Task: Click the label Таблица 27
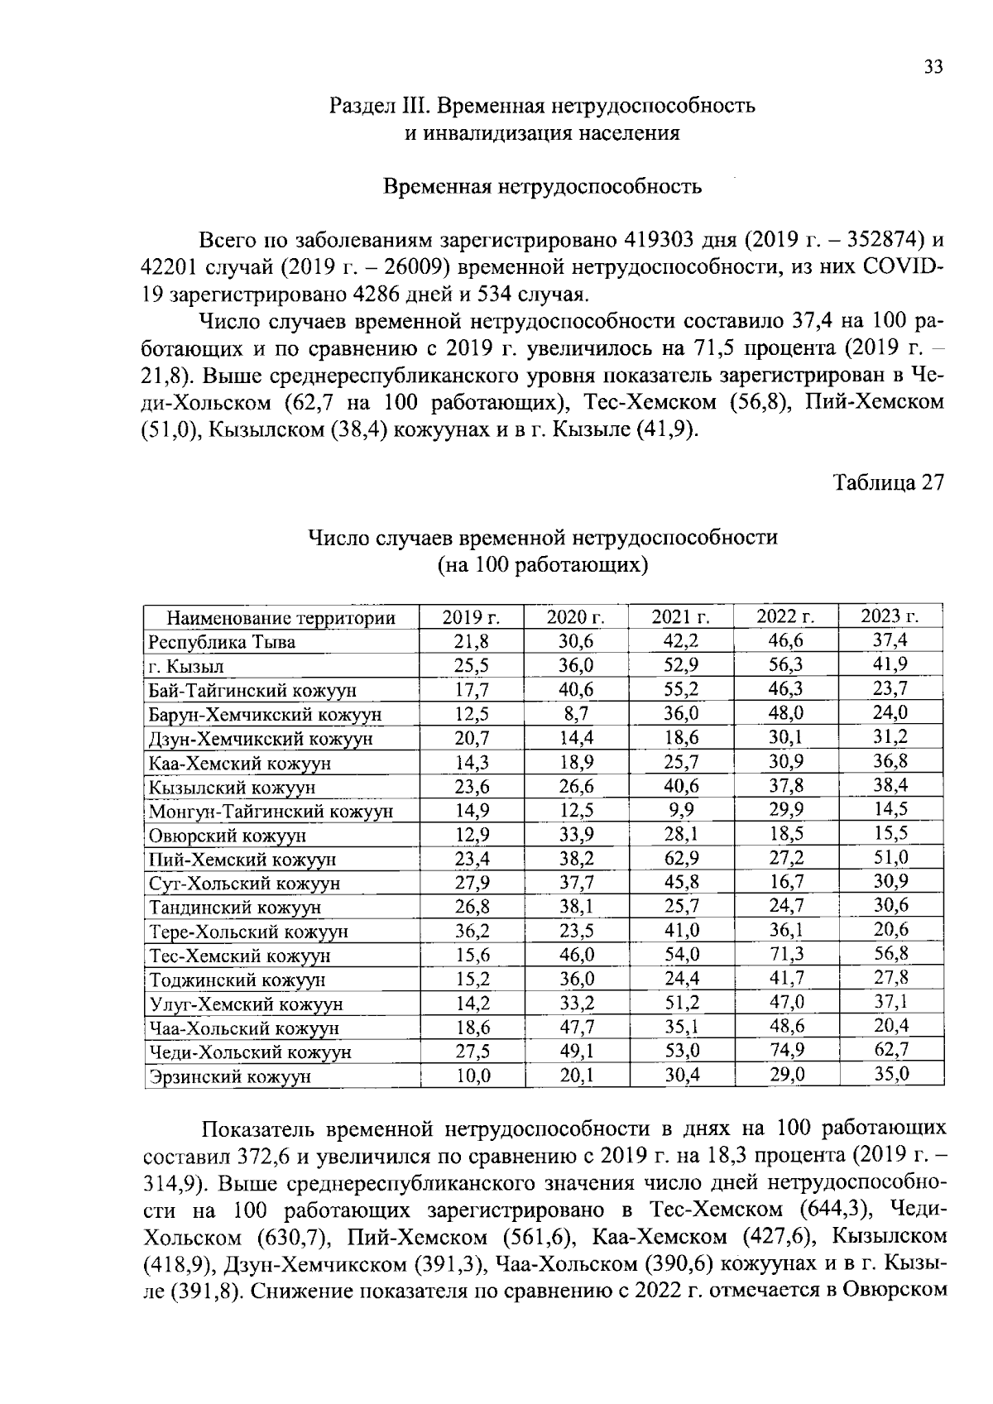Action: (888, 483)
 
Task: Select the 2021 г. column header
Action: (681, 616)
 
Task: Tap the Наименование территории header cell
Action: (281, 618)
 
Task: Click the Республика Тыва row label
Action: (222, 642)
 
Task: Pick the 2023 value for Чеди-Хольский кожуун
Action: (891, 1050)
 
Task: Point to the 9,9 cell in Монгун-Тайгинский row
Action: (681, 809)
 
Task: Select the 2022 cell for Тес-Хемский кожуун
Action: (786, 954)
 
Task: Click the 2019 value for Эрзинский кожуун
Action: (473, 1075)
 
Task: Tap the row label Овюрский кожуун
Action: (228, 836)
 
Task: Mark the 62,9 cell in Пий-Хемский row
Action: (681, 858)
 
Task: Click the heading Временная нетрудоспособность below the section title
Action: (542, 187)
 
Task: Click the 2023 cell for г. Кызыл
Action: (891, 664)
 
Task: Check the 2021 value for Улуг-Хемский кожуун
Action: (681, 1003)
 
